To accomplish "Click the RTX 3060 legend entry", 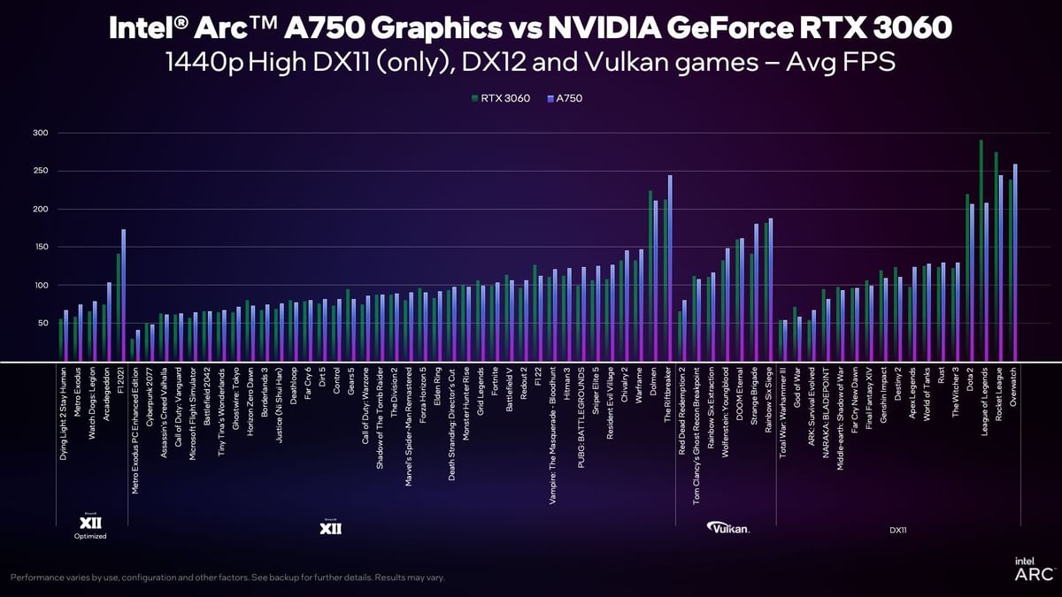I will pos(505,98).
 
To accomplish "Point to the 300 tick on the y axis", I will pos(40,133).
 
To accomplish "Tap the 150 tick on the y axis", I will pos(40,247).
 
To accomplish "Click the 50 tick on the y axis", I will pos(41,323).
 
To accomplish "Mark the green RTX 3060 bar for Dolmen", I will pos(650,274).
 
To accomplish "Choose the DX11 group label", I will pos(897,530).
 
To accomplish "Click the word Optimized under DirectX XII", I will pos(90,536).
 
